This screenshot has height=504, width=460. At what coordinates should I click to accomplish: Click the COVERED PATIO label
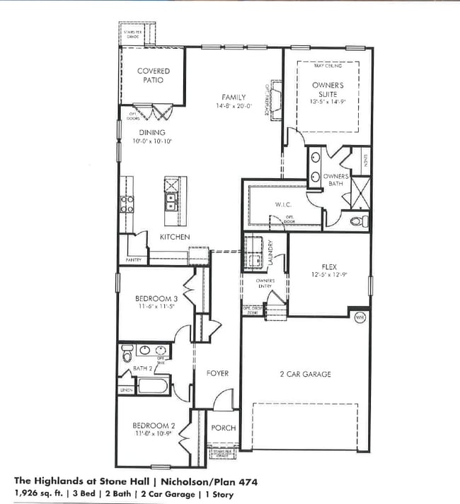tap(154, 76)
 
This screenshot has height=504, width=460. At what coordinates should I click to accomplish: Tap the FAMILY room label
tap(233, 98)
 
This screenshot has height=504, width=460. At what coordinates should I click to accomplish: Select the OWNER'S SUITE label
tap(328, 89)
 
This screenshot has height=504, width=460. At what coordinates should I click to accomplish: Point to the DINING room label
tap(152, 132)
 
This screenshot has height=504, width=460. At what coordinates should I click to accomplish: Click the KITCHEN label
tap(174, 237)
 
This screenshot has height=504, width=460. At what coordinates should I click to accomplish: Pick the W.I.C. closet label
tap(284, 205)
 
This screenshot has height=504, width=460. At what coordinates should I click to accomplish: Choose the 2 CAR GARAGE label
tap(306, 374)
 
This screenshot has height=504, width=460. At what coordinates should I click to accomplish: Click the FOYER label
tap(217, 373)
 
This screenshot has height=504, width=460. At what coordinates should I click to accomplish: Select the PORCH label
tap(224, 428)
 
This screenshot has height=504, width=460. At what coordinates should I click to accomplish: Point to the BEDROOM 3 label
tap(156, 299)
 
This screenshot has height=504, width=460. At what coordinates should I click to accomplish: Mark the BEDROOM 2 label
tap(154, 426)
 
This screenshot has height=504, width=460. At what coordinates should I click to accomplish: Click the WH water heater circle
tap(359, 316)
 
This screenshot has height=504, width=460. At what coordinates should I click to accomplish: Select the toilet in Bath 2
tap(127, 351)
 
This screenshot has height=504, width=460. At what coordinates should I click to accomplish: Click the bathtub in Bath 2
tap(152, 386)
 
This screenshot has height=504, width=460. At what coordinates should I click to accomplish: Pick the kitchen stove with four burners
tap(127, 204)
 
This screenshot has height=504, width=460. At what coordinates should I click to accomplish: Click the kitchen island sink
tap(171, 205)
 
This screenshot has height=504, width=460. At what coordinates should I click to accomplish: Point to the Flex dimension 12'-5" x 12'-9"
tap(328, 274)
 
